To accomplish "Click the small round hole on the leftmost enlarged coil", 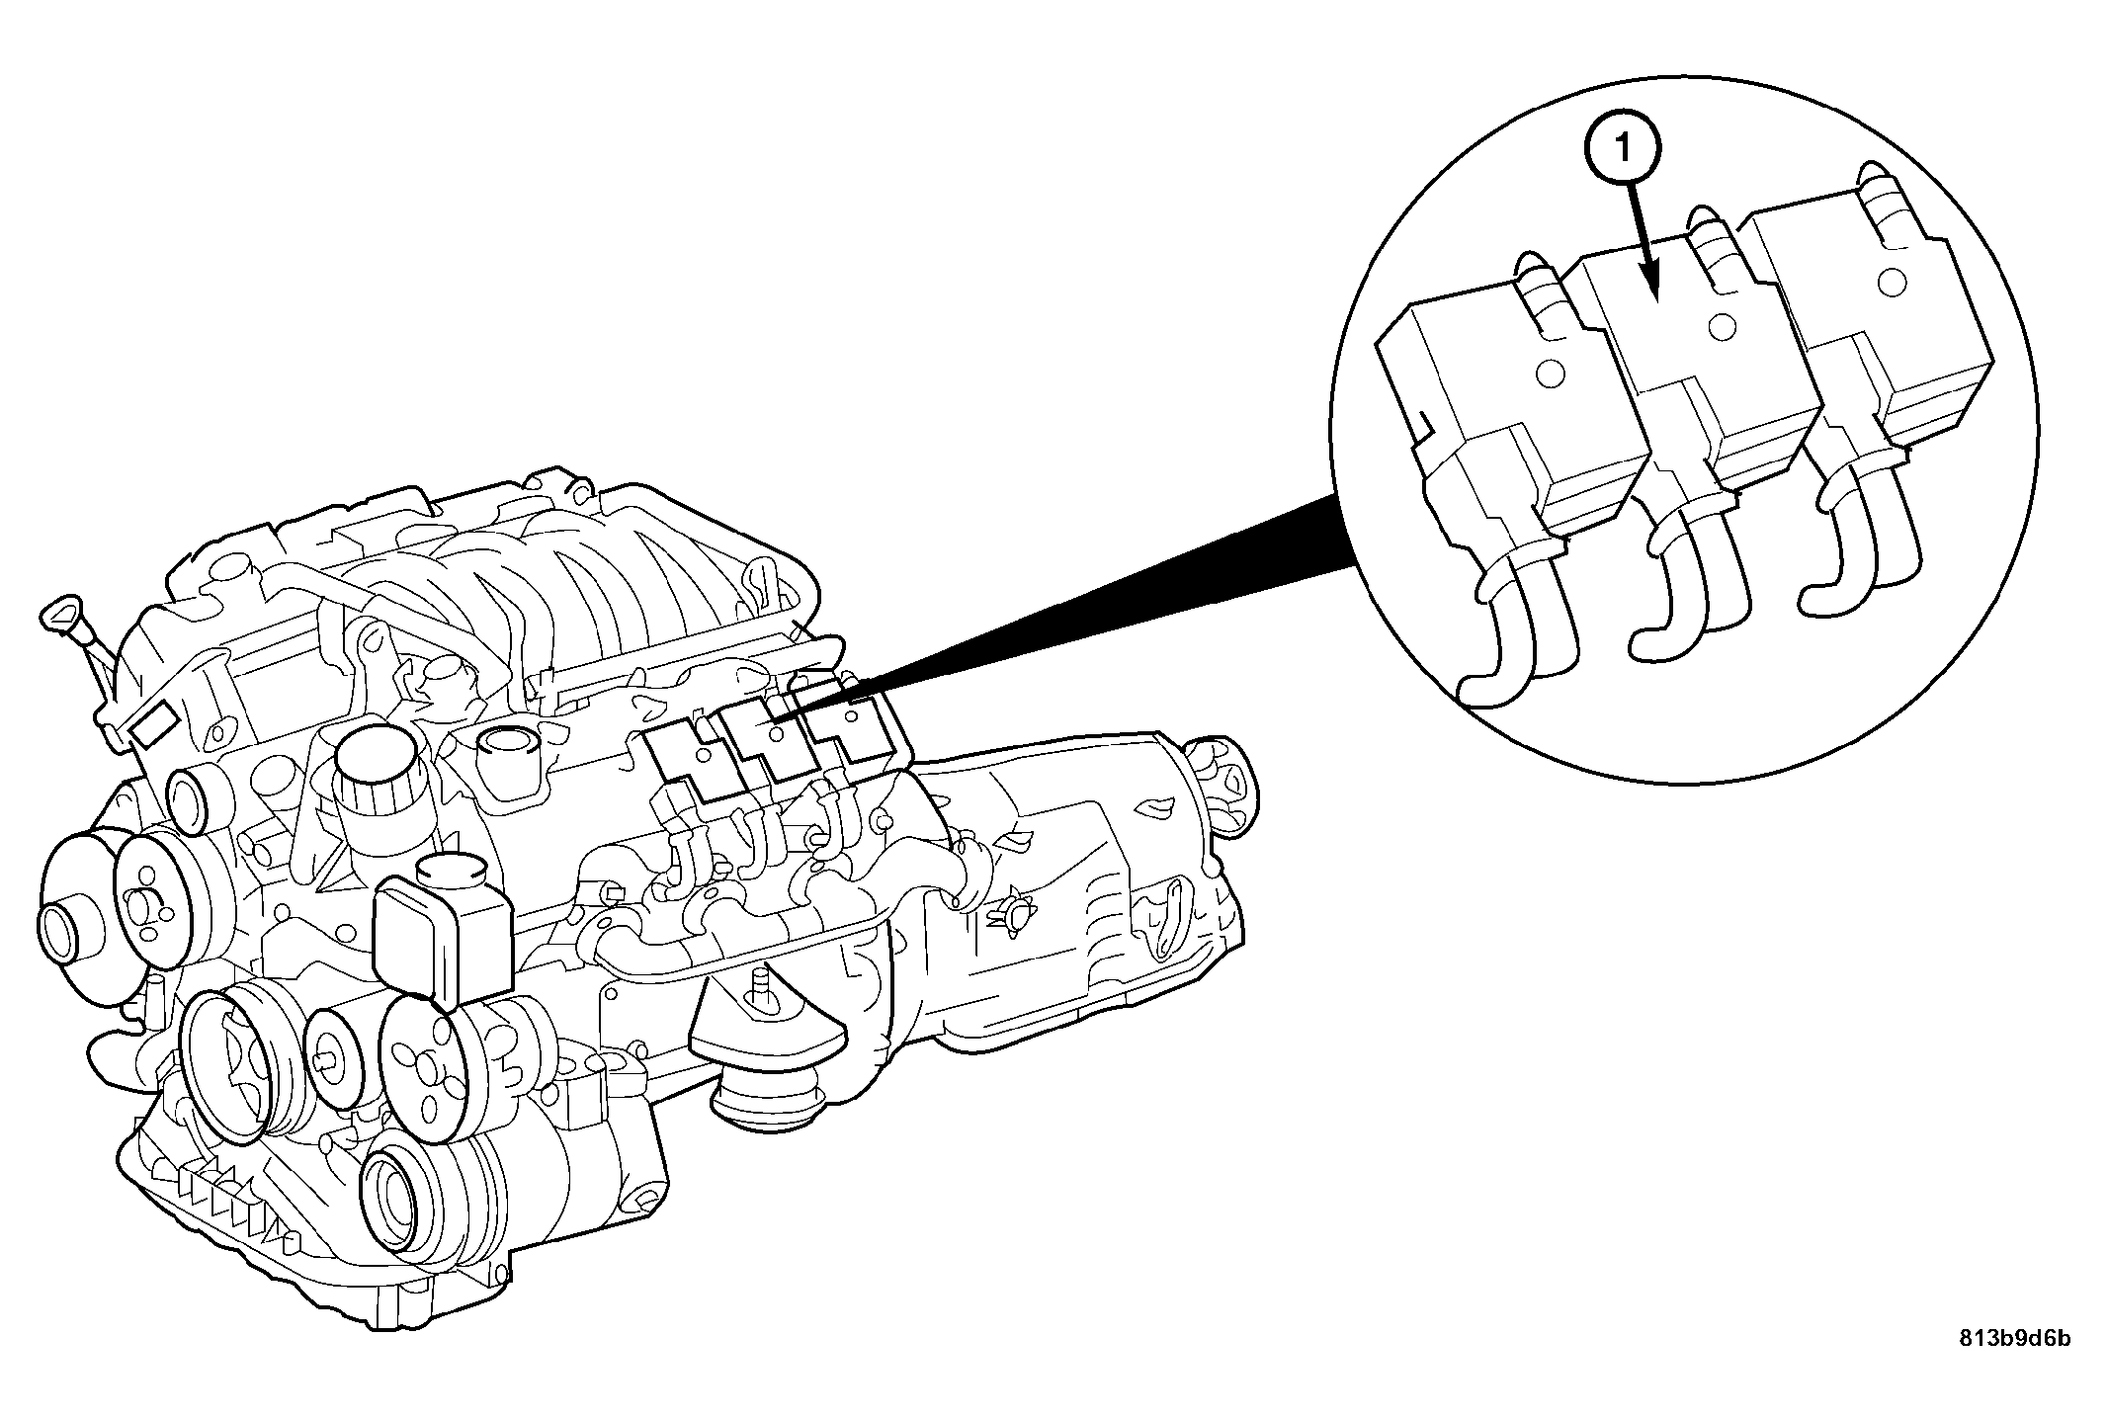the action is (x=1551, y=374).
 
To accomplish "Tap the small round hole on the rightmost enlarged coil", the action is (x=1891, y=281).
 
